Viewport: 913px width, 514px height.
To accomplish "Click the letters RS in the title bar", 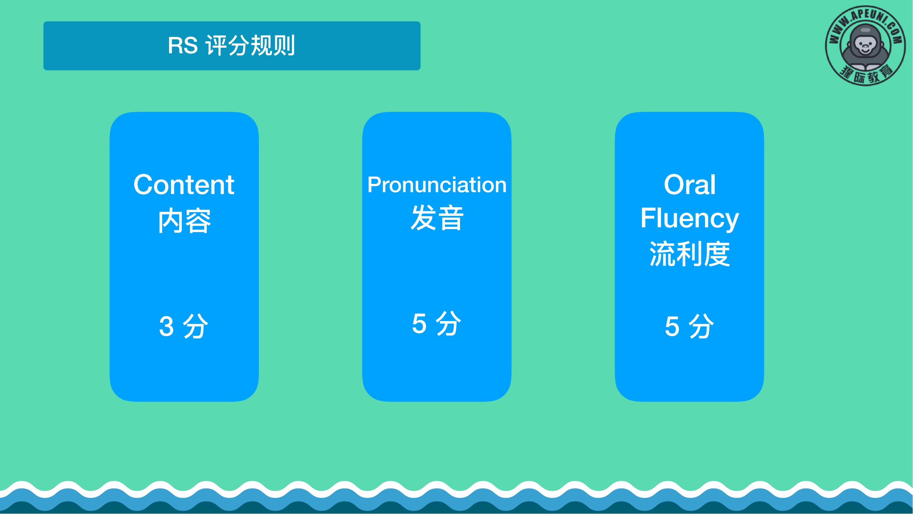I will coord(183,45).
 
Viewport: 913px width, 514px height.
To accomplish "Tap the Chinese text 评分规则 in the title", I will coord(250,45).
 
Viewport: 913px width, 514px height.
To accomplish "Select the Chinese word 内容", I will coord(184,221).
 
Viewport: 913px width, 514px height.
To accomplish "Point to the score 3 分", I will coord(184,326).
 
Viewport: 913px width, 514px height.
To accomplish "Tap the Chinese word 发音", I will coord(437,218).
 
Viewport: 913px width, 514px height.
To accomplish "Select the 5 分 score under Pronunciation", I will coord(437,324).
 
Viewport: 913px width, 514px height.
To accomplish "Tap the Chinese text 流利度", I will coord(689,254).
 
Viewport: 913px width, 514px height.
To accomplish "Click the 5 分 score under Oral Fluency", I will coord(689,326).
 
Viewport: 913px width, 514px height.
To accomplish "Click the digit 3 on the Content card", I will coord(166,326).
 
